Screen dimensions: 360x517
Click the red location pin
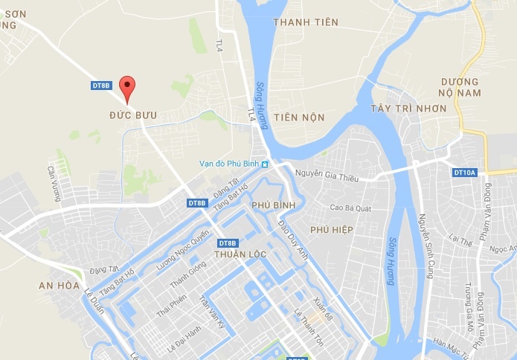(128, 89)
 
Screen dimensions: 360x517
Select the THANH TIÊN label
(305, 22)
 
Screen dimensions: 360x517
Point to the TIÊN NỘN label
(299, 118)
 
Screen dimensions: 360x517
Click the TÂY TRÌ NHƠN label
(408, 109)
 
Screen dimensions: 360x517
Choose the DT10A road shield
(463, 173)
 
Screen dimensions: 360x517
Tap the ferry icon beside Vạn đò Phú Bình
(264, 164)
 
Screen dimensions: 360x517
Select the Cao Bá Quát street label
(350, 208)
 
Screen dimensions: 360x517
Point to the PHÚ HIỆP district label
(332, 230)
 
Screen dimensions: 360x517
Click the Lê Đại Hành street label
(183, 337)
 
